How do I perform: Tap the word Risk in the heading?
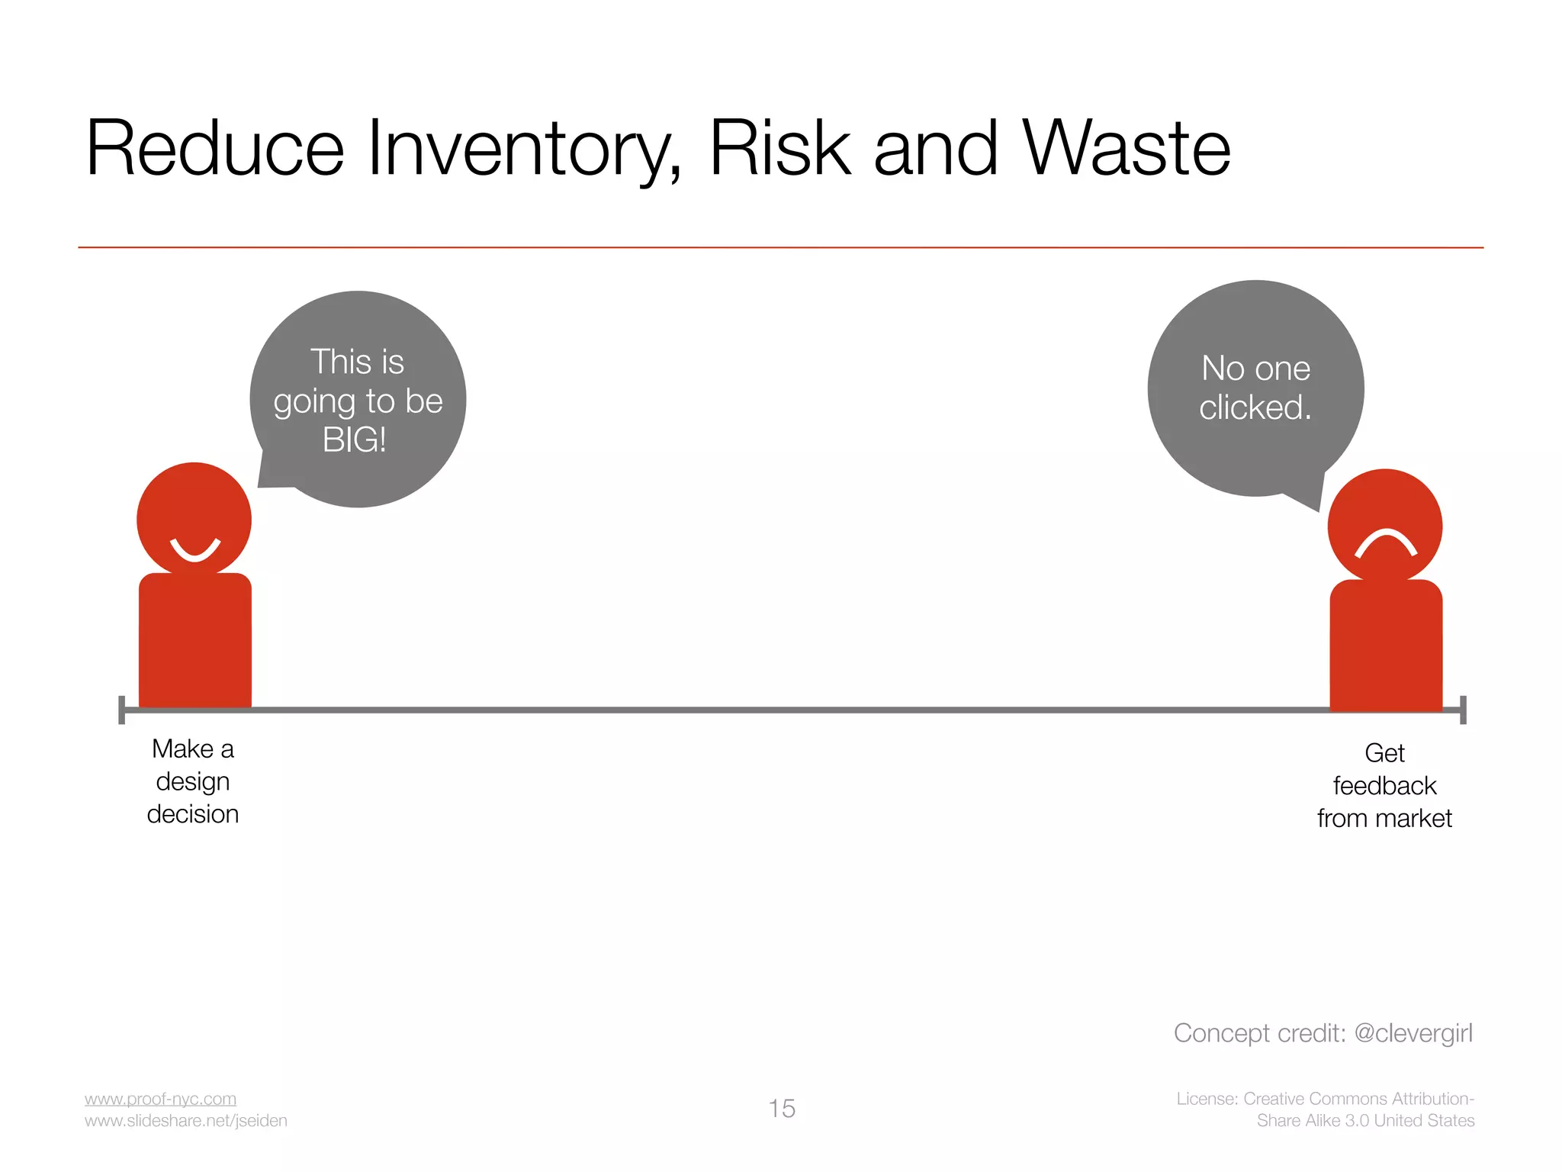coord(779,149)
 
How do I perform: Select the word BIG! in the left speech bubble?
coord(355,440)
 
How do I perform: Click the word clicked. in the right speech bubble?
coord(1255,407)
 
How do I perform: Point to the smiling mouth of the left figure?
coord(195,549)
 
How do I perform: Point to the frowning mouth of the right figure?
coord(1385,543)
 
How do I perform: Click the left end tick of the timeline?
coord(122,710)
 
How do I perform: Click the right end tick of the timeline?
coord(1463,710)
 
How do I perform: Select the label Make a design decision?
coord(193,781)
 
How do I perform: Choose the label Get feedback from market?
coord(1384,786)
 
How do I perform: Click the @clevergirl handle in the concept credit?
coord(1413,1033)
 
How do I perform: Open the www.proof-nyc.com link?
coord(160,1099)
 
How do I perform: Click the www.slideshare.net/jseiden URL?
coord(186,1121)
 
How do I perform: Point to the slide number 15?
coord(782,1109)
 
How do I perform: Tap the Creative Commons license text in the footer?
coord(1326,1109)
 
